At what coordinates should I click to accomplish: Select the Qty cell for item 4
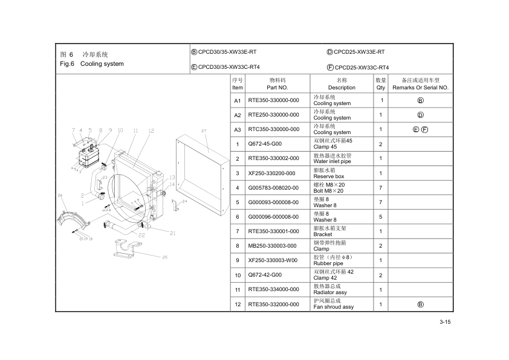click(381, 187)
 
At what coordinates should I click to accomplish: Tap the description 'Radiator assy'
click(330, 292)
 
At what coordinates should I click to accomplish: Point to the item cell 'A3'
click(238, 129)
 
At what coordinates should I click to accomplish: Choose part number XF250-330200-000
click(272, 173)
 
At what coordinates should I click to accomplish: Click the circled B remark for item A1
click(420, 100)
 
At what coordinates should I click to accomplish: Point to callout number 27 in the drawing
click(204, 130)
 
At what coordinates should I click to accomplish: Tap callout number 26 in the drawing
click(60, 195)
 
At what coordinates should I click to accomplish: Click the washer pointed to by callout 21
click(148, 228)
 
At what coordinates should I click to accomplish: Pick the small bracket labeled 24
click(176, 205)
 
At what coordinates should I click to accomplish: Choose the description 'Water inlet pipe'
click(332, 161)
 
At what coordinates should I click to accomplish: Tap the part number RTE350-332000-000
click(273, 304)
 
